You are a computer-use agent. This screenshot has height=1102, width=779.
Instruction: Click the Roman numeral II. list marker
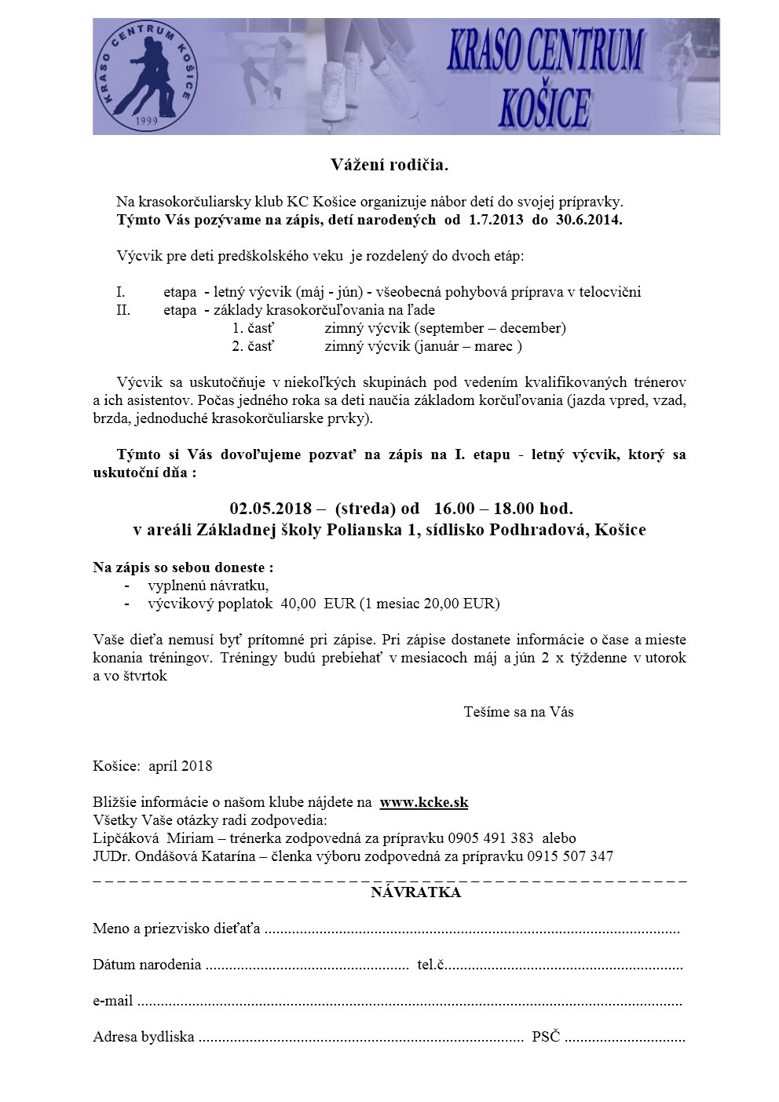point(123,310)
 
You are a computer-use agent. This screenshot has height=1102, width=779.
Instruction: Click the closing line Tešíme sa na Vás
point(518,712)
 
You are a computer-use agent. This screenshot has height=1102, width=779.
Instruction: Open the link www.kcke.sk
point(424,802)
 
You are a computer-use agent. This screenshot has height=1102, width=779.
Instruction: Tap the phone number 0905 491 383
point(492,838)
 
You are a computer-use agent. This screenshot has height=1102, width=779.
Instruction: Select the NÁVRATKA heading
point(416,892)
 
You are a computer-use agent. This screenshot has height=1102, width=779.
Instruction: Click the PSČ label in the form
point(546,1037)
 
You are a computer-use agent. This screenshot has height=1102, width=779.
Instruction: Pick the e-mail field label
point(113,1001)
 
